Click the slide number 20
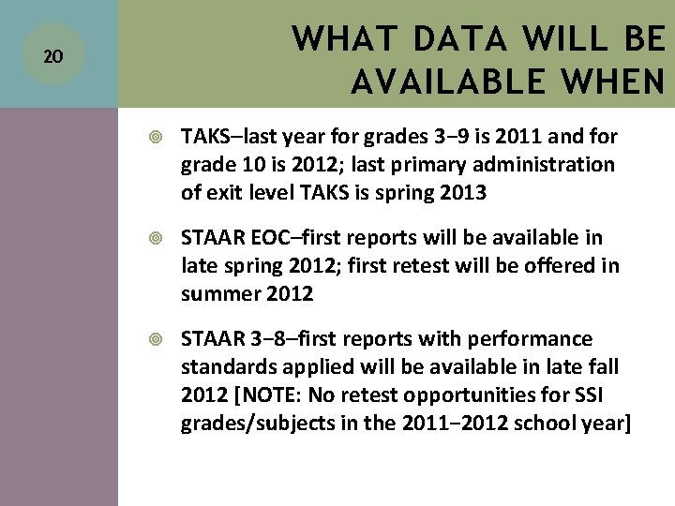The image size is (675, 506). pos(54,56)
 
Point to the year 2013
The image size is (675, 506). pos(461,193)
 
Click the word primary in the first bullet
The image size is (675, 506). pos(429,165)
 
